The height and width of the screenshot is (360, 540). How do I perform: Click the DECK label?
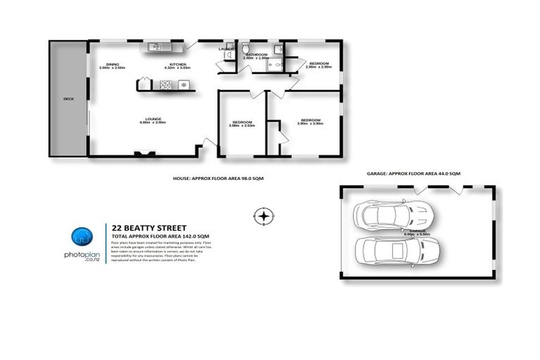68,99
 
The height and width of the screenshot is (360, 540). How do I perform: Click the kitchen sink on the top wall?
155,47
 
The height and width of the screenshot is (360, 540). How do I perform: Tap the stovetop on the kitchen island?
166,85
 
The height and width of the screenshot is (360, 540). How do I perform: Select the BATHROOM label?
256,55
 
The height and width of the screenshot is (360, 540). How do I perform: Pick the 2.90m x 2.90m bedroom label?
320,64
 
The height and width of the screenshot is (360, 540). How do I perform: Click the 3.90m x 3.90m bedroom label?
310,120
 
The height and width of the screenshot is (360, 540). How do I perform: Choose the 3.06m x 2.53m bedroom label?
243,124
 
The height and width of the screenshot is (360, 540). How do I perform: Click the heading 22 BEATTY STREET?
147,227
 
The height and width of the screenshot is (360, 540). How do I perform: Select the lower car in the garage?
397,249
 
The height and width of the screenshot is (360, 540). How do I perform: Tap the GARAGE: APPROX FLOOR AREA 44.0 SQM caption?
413,173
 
